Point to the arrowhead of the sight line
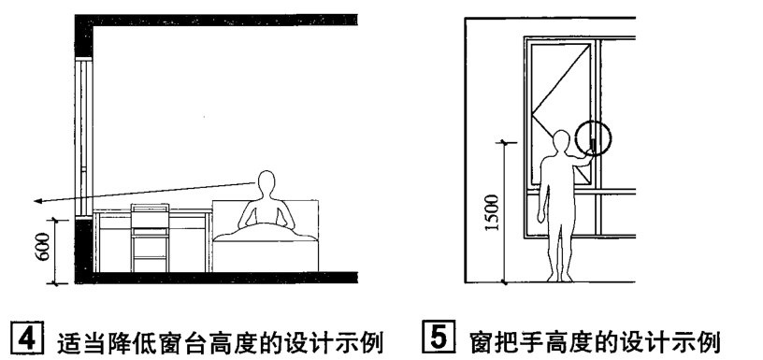[35, 200]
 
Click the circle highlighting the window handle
[593, 139]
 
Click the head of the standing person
[561, 141]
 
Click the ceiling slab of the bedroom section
[215, 20]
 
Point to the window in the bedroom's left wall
[84, 131]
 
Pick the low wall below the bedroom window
[84, 245]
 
